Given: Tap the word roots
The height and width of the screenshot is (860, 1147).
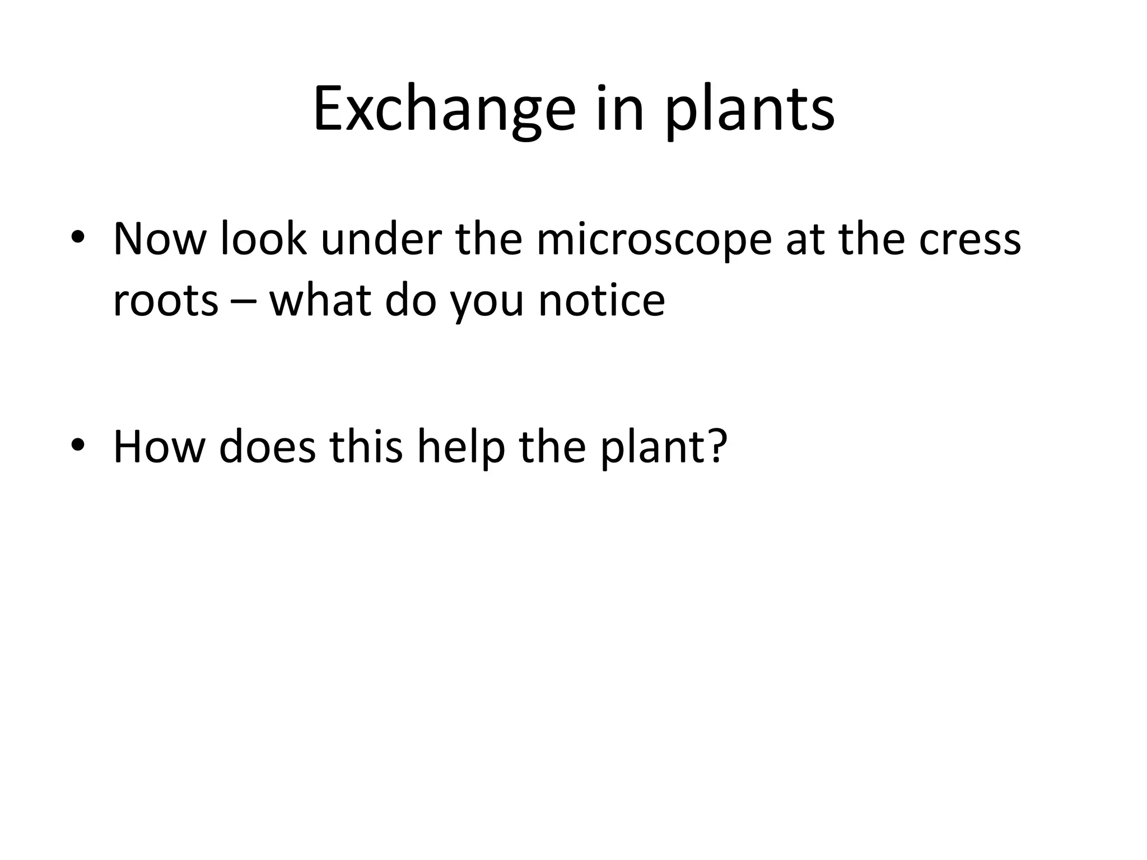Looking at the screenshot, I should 165,301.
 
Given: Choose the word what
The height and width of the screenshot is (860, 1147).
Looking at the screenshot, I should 320,301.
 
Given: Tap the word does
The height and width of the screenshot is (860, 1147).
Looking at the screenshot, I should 268,446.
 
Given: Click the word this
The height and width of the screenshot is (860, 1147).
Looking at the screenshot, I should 366,446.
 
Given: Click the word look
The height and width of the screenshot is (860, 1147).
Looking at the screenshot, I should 263,240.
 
